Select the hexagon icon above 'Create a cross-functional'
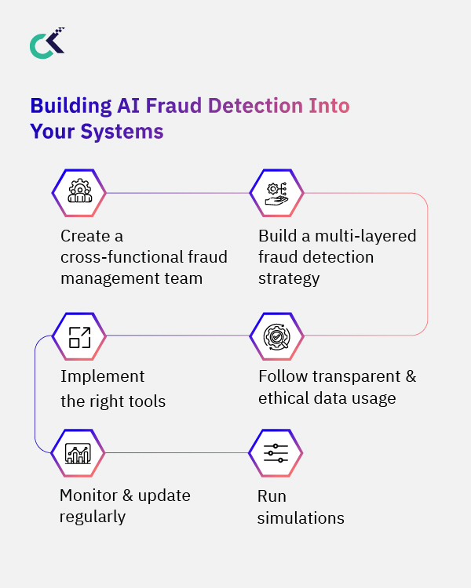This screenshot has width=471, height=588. pyautogui.click(x=78, y=192)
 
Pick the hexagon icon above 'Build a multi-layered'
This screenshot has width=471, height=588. pyautogui.click(x=276, y=192)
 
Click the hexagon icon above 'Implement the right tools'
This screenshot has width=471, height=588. pyautogui.click(x=78, y=336)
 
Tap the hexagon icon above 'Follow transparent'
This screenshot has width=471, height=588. pyautogui.click(x=276, y=336)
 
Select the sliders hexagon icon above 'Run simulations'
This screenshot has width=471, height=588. pyautogui.click(x=276, y=452)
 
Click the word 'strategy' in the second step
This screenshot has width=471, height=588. pyautogui.click(x=289, y=278)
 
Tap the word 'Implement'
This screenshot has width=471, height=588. pyautogui.click(x=103, y=377)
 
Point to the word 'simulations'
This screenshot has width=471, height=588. pyautogui.click(x=301, y=518)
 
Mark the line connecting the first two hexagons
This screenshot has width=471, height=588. pyautogui.click(x=177, y=192)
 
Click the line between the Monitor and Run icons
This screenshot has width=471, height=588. pyautogui.click(x=177, y=452)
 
